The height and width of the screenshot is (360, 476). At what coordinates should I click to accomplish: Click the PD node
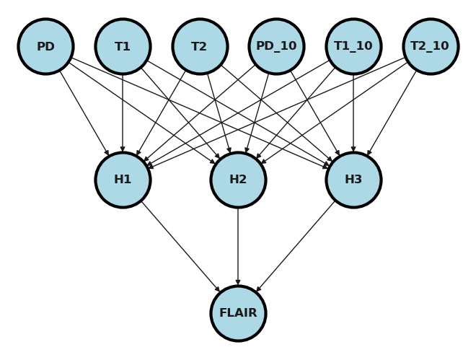[45, 47]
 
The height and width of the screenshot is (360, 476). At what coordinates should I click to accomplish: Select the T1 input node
[123, 47]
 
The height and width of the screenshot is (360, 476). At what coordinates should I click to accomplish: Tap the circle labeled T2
[200, 47]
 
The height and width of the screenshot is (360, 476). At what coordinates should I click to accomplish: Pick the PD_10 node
[276, 47]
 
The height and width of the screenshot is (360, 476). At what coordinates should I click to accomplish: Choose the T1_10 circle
[353, 47]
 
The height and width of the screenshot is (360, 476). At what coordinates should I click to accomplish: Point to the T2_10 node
[430, 47]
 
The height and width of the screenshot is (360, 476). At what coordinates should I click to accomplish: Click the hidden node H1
[123, 180]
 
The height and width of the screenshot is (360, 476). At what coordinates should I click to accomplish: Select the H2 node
[238, 180]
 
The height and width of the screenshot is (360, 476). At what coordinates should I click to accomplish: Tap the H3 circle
[353, 180]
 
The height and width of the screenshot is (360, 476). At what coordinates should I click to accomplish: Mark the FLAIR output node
[238, 313]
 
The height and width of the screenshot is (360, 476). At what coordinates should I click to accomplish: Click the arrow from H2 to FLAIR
[238, 245]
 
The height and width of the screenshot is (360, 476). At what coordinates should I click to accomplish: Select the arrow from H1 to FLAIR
[180, 247]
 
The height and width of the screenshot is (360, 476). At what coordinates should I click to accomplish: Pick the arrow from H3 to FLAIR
[296, 247]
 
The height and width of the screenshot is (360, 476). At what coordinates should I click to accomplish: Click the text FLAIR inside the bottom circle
[238, 313]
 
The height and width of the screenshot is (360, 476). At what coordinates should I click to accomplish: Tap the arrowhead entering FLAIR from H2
[238, 282]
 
